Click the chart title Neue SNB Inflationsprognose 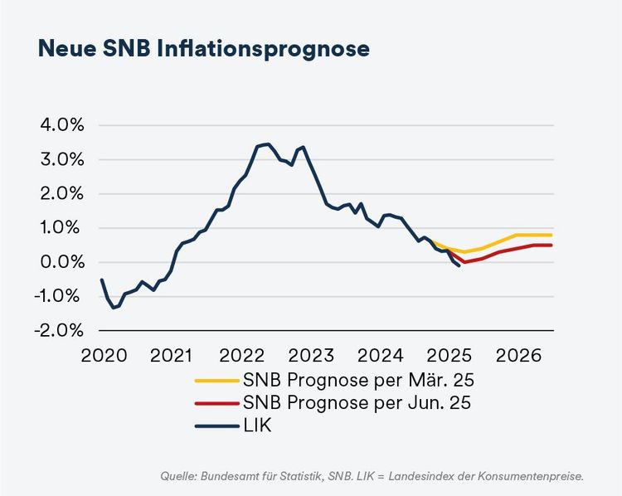(203, 48)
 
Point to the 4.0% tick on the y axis (62, 125)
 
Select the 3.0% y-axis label (62, 159)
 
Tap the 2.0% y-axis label (62, 193)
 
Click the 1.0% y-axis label (62, 228)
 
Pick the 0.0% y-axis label (62, 262)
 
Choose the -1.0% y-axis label (61, 296)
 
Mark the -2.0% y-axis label (61, 330)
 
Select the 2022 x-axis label (241, 357)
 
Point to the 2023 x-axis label (310, 357)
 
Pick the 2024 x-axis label (380, 357)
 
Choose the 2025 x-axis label (449, 357)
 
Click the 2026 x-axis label (518, 357)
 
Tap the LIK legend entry (258, 426)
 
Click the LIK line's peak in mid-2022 (266, 144)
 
